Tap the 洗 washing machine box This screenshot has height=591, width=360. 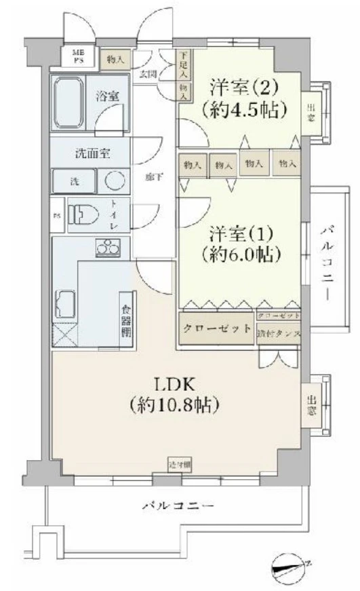click(x=76, y=181)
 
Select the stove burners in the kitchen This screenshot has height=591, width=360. click(x=108, y=248)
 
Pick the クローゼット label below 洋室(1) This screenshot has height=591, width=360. click(x=217, y=328)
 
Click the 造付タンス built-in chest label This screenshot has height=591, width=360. click(x=279, y=333)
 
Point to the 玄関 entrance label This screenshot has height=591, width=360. click(x=148, y=73)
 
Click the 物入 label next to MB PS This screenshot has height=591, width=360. click(x=115, y=60)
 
